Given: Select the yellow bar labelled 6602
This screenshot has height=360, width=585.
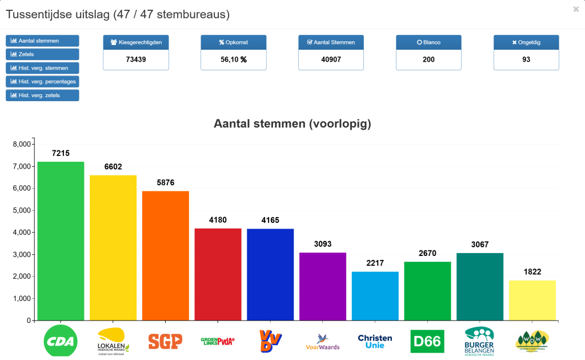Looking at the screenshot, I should (113, 247).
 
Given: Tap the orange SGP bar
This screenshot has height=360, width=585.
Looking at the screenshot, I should (166, 255).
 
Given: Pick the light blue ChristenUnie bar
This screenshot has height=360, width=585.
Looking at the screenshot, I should (375, 295).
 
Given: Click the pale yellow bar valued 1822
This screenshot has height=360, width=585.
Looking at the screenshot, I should (532, 300).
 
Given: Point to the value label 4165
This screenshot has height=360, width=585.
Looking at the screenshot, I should (270, 220).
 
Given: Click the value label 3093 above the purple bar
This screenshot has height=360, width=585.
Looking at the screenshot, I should (323, 244).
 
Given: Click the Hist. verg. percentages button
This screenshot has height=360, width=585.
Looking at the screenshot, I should (42, 82).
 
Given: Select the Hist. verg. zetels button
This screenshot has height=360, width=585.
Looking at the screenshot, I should (42, 95).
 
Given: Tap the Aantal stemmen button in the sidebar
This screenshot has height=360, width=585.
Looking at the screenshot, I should (42, 41).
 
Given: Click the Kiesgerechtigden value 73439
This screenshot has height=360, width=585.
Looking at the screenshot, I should (136, 59).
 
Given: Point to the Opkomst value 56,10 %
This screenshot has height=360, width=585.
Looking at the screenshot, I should (233, 59).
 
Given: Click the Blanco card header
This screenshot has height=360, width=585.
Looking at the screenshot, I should (428, 42).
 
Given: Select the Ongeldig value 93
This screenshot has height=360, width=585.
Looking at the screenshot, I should (526, 59).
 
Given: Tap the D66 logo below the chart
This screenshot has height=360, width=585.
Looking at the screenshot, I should (427, 342).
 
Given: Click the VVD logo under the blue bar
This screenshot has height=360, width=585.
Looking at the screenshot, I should (270, 341).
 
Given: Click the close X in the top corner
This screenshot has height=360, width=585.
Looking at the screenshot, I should (575, 9).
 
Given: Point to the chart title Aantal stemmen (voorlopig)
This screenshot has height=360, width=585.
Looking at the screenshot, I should (292, 124).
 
